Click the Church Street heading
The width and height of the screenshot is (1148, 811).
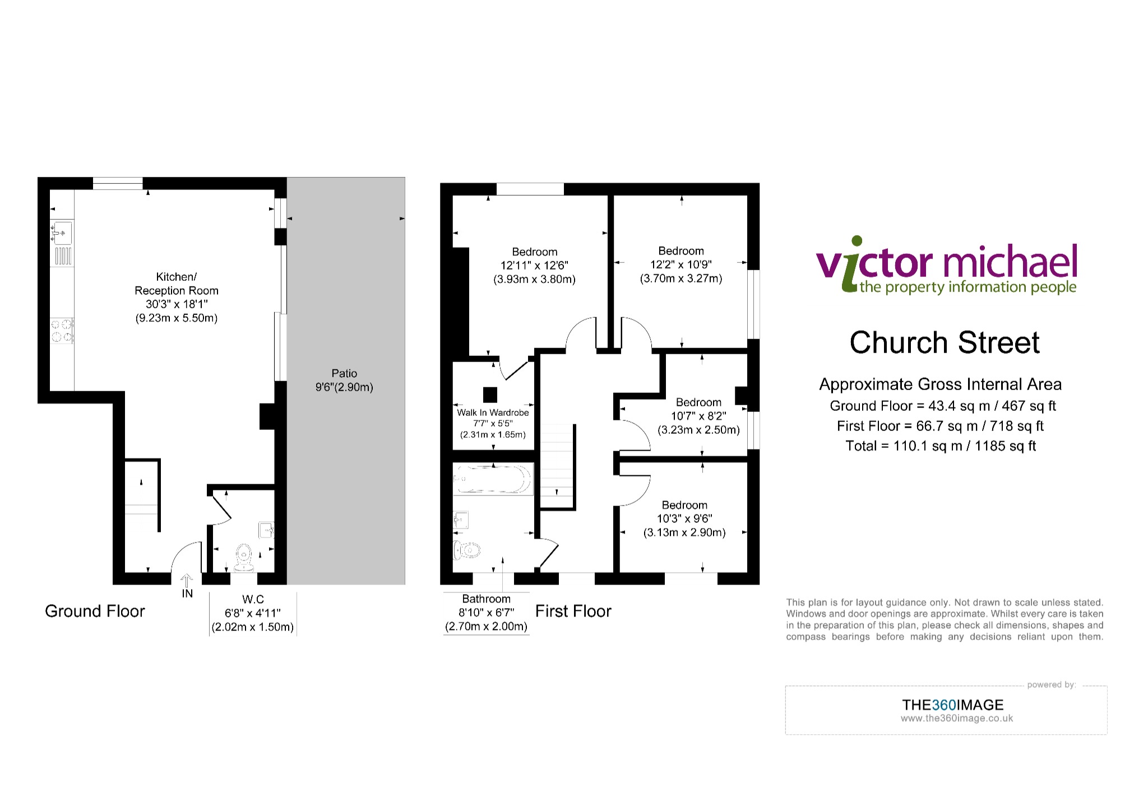(x=945, y=342)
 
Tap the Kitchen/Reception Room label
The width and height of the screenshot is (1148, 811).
(x=177, y=284)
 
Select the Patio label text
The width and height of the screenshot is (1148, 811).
(x=344, y=373)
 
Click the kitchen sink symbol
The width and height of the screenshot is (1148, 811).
(x=62, y=233)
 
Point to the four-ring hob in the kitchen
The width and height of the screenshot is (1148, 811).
(x=62, y=330)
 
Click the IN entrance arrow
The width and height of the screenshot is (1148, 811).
(x=187, y=581)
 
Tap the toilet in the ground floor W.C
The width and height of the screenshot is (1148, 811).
(x=243, y=558)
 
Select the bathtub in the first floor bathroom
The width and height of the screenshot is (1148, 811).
(x=492, y=479)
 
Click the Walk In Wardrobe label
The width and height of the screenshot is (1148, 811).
(x=493, y=413)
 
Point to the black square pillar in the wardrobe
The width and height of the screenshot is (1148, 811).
(x=490, y=395)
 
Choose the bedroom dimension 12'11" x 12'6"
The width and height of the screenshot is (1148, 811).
(x=534, y=266)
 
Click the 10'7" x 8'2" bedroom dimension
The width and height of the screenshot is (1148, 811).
(x=698, y=416)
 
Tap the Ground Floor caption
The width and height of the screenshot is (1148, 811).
(x=95, y=611)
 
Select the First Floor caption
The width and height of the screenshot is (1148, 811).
(x=573, y=611)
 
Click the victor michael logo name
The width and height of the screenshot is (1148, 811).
(x=946, y=261)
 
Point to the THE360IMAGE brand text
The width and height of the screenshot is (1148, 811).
(x=953, y=705)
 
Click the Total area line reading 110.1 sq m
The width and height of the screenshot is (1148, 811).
(x=941, y=446)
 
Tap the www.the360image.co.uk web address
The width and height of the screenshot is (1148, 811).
(x=957, y=719)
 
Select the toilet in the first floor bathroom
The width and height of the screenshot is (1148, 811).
(x=466, y=551)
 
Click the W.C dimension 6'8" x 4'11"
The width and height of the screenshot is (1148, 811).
(x=253, y=613)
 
